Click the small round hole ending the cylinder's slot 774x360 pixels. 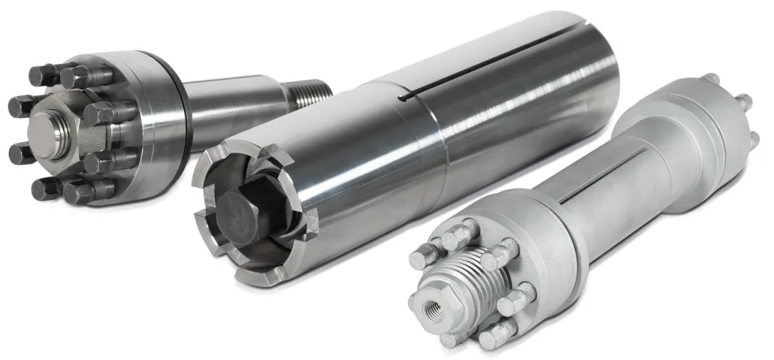click(402, 98)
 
